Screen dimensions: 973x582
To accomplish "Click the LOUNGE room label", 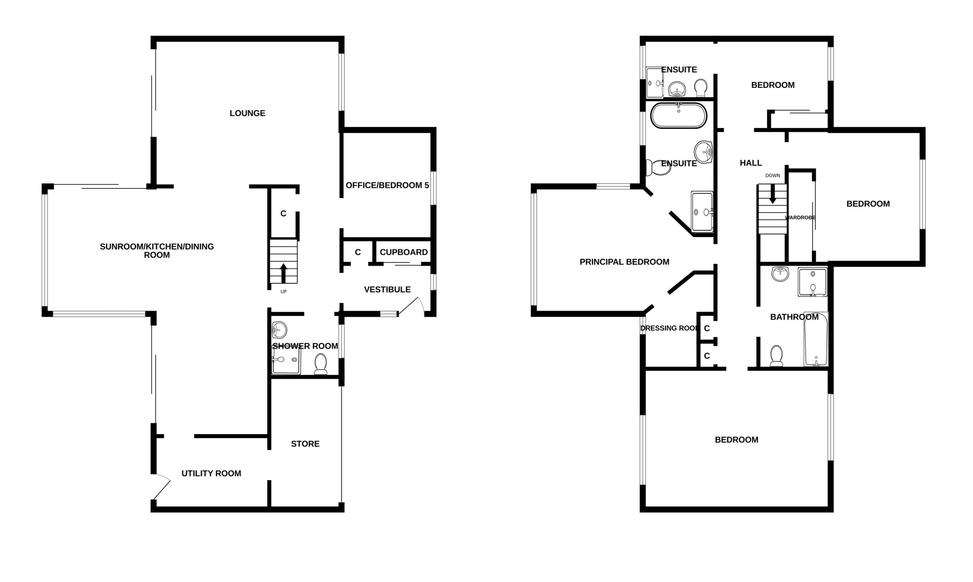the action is [247, 113].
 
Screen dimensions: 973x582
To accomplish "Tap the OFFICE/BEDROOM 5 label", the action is [387, 185].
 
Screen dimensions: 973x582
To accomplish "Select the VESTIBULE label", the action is [387, 289].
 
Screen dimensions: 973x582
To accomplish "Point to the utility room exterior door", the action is [162, 486].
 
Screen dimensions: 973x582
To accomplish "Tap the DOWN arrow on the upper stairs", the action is [773, 194].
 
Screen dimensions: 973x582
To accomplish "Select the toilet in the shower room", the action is [320, 364].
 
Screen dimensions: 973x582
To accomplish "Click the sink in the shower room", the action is [279, 330].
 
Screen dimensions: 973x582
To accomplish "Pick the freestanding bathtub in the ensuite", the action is [679, 115].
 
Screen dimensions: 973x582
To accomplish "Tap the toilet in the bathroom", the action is [776, 356].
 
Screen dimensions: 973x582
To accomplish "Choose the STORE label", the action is [305, 444].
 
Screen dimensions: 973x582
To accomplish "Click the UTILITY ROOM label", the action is [211, 473].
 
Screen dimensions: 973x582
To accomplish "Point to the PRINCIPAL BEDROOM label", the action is [624, 262].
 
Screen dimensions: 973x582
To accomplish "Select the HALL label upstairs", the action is [751, 163].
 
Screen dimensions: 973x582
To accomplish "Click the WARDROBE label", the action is [800, 218].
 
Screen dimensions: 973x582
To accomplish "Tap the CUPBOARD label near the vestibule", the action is [404, 252].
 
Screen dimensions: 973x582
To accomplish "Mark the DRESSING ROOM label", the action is [670, 328].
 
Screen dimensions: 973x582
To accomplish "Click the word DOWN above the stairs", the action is [773, 175].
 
